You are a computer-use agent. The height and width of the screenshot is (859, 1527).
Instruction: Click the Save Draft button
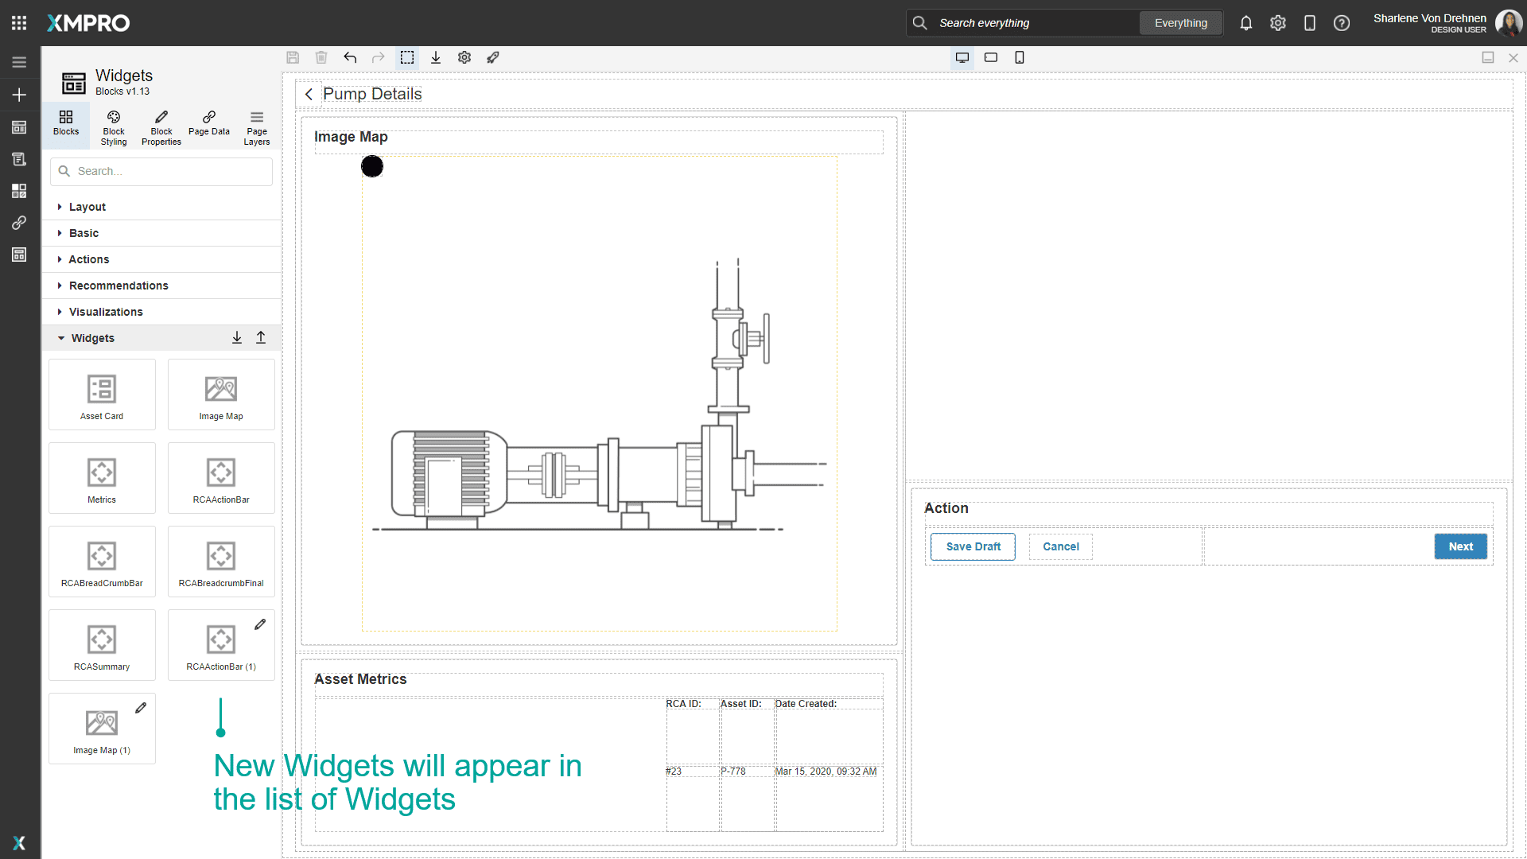(973, 546)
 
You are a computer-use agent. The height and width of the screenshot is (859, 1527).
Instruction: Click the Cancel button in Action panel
(1060, 546)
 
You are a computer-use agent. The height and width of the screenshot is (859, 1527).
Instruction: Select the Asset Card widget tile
(102, 395)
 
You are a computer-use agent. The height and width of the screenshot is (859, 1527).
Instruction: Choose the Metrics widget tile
(102, 478)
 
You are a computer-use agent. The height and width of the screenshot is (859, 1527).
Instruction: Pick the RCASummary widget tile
(102, 645)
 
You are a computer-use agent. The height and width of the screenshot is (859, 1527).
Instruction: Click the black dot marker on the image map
(372, 166)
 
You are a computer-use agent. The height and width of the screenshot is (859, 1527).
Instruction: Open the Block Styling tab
(114, 127)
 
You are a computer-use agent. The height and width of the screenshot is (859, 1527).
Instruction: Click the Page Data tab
(209, 123)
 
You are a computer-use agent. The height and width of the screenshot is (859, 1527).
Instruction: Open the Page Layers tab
(257, 127)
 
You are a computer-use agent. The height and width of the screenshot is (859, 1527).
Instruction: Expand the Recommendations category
(119, 286)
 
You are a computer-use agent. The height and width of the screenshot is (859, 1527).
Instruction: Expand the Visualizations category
(106, 312)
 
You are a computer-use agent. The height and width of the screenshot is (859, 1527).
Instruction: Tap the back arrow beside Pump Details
(309, 94)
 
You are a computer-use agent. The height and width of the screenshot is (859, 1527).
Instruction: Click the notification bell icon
(1245, 23)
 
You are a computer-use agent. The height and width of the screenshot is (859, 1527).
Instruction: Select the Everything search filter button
(1180, 23)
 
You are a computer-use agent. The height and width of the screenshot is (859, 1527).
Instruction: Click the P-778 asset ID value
(733, 772)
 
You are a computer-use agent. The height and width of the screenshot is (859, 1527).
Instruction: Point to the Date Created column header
(806, 704)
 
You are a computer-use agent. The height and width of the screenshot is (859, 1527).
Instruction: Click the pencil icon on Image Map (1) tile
(141, 708)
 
